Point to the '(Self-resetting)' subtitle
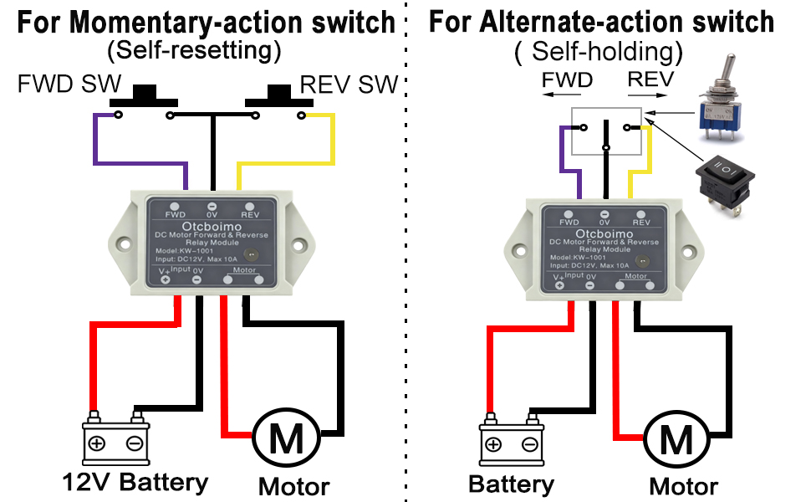click(193, 51)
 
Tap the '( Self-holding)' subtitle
click(599, 52)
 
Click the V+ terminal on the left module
click(166, 279)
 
